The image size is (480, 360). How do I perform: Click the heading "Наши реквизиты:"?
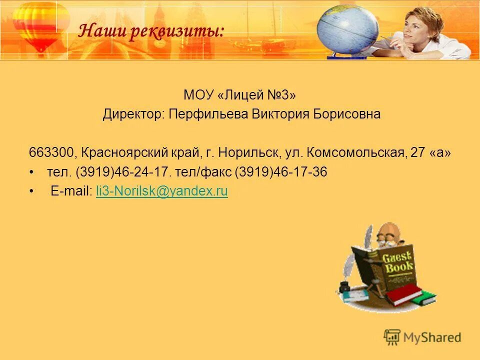[x=151, y=32]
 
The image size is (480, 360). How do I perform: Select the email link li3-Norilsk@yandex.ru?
[x=161, y=191]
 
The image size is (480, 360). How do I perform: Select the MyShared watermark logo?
[x=422, y=337]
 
